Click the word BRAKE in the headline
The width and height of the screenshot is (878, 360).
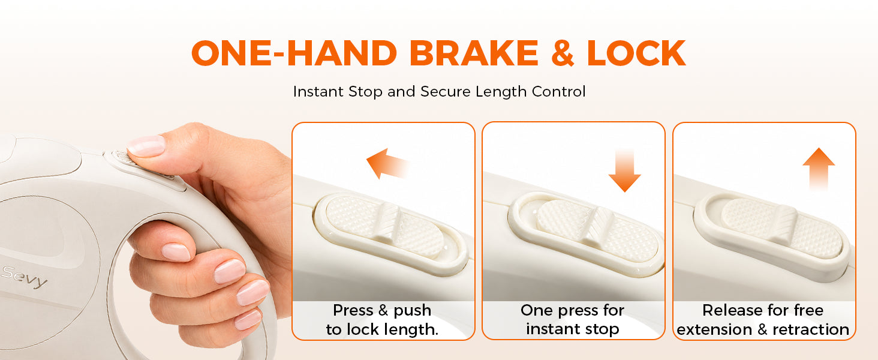pos(474,53)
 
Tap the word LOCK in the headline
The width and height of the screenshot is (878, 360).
pos(636,53)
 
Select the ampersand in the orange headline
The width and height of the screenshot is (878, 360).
pos(563,53)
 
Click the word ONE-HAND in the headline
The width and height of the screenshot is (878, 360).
pos(294,53)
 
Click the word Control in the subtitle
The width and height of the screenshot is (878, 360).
pos(558,92)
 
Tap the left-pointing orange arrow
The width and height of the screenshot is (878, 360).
pos(387,164)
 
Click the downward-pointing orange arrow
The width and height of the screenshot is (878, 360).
pos(624,170)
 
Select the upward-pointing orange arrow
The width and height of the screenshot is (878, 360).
pos(819,169)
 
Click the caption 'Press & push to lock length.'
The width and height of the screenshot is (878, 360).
pos(382,320)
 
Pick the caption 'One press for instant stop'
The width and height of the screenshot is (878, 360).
pos(572,320)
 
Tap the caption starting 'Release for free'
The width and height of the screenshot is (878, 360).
pos(763,320)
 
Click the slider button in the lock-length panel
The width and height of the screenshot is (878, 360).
pos(384,227)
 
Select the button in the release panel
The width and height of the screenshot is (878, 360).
pos(781,228)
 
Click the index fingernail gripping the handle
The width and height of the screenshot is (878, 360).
pos(176,252)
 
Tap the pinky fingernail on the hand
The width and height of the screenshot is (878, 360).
pos(248,320)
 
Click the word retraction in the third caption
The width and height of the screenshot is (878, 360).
pos(811,329)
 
